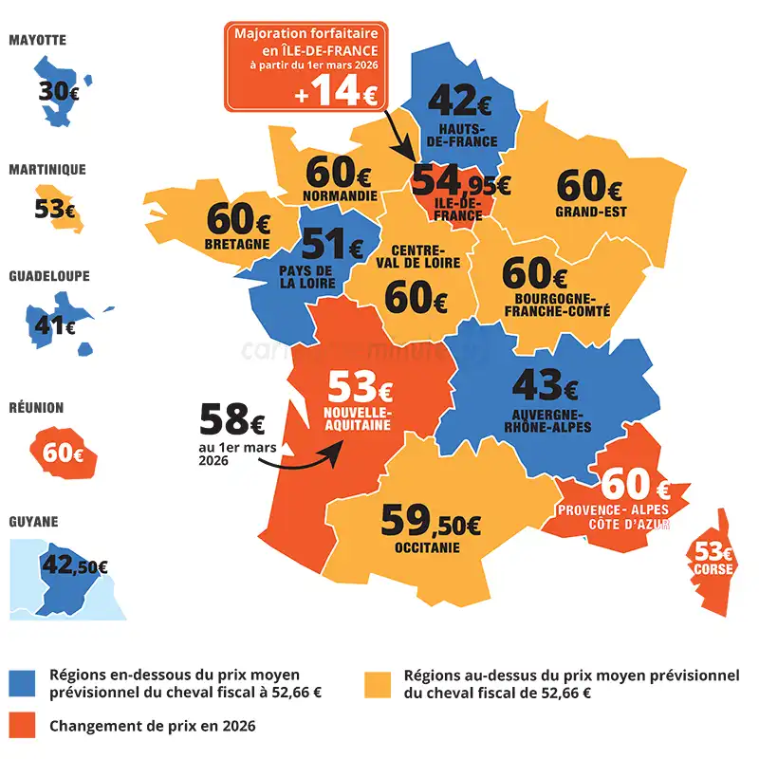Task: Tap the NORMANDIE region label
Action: click(x=338, y=196)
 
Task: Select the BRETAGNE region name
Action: click(x=236, y=244)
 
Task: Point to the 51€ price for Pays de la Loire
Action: click(x=332, y=246)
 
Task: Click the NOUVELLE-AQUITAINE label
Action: click(x=357, y=420)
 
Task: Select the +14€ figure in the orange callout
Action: click(x=335, y=93)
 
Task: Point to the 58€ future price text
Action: click(x=231, y=417)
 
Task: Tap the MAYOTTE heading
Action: click(x=38, y=41)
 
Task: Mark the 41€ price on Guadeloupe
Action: click(x=55, y=326)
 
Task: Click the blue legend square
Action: click(x=22, y=682)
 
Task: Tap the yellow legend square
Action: click(x=378, y=682)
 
